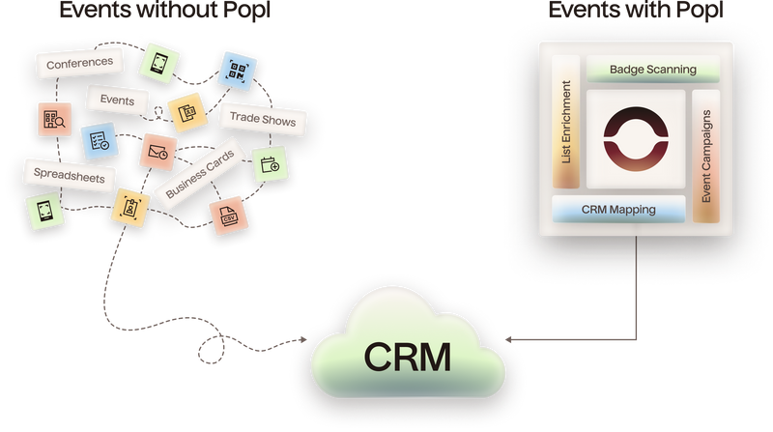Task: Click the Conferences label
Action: (80, 64)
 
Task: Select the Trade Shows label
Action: (262, 121)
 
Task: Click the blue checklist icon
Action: (98, 141)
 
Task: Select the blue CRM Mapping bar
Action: (618, 208)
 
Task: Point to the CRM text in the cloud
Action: (407, 356)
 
